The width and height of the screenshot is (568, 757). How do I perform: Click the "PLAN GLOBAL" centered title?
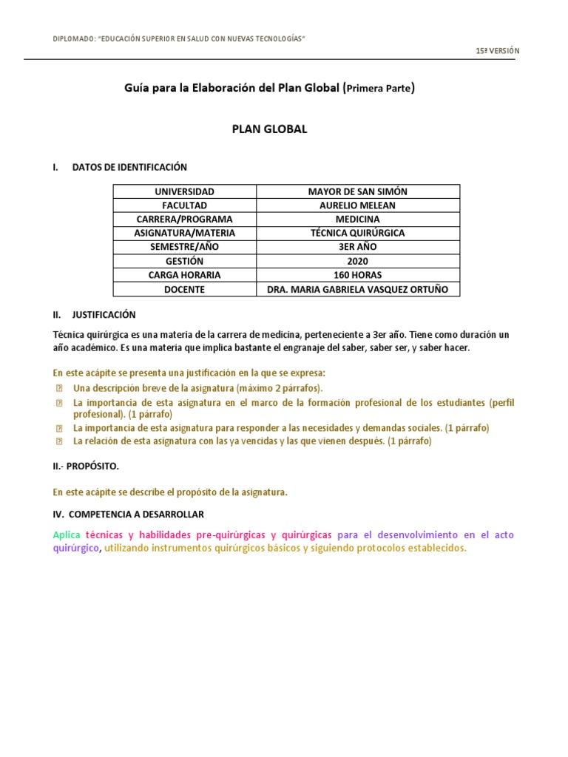269,129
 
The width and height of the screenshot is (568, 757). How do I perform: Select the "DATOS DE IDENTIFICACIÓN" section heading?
129,167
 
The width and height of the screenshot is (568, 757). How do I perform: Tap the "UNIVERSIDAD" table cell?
184,191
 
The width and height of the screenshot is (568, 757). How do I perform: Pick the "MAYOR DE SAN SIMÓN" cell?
357,191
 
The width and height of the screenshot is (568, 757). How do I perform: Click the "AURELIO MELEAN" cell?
357,206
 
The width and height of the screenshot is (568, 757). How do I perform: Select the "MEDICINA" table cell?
357,220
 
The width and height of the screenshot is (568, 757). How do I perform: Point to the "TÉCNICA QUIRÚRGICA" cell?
357,234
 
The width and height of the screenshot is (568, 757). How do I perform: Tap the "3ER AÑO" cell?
357,247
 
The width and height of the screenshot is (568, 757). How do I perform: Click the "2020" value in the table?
357,261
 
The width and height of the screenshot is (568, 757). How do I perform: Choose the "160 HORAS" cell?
357,275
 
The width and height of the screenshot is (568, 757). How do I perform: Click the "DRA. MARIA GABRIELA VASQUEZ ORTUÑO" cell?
357,289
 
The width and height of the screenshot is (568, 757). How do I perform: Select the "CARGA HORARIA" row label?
184,275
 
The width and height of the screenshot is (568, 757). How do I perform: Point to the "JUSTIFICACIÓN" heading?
104,314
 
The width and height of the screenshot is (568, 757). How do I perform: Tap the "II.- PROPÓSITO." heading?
86,466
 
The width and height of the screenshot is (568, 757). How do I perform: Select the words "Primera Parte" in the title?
379,89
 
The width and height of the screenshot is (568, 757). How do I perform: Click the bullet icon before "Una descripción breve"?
59,388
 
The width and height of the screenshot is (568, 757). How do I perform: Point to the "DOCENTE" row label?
184,289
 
